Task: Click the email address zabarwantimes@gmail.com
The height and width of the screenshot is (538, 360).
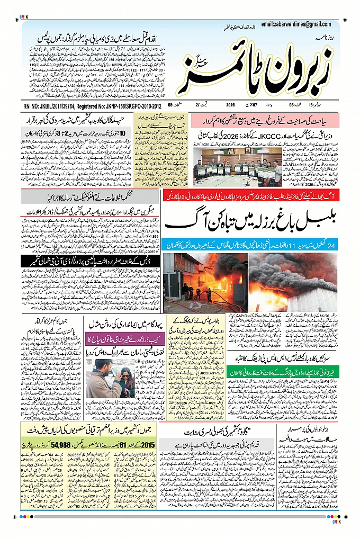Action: click(299, 24)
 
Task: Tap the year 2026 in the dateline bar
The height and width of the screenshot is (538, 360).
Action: click(230, 105)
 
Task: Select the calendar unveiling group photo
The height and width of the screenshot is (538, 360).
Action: click(241, 165)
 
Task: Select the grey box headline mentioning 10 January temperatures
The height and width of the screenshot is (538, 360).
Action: click(88, 133)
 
